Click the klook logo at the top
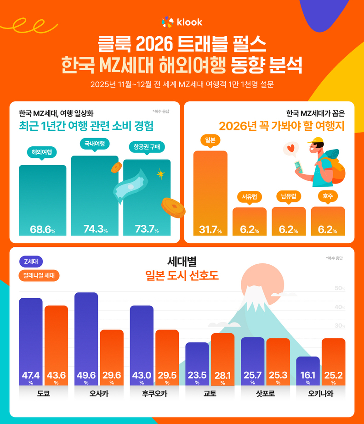(182, 22)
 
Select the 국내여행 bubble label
(94, 144)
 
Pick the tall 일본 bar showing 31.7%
(210, 193)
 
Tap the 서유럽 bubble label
(249, 196)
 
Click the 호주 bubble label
(328, 196)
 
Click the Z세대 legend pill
(31, 262)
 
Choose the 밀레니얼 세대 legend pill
(39, 276)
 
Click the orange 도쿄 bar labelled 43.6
(56, 344)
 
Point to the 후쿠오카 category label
(142, 394)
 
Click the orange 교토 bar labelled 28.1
(222, 358)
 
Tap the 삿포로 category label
(265, 394)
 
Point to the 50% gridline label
(340, 288)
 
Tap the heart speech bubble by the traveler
(290, 149)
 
